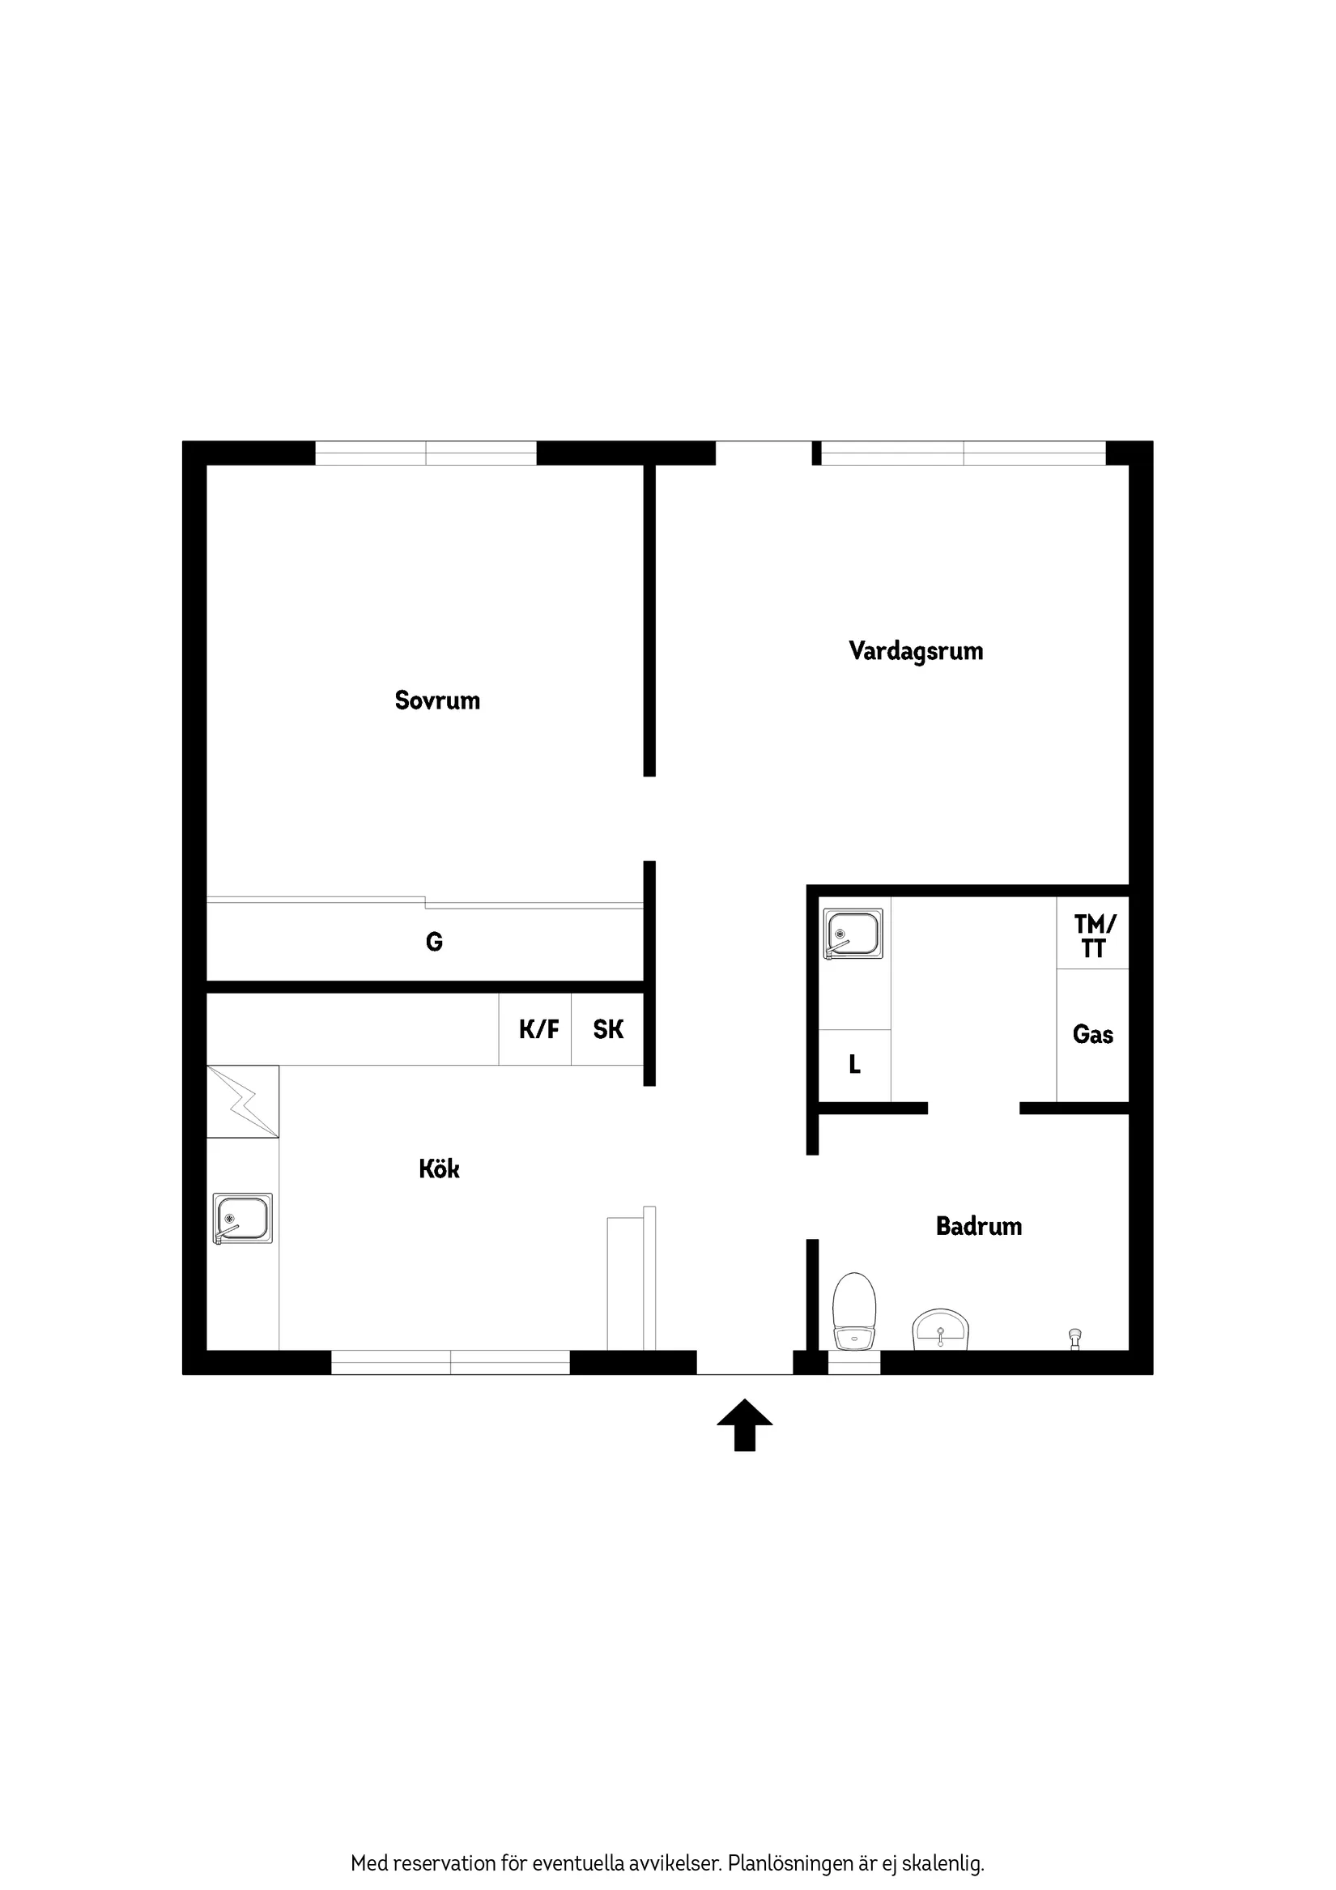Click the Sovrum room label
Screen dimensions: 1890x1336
[x=437, y=700]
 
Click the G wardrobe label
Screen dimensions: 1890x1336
[x=434, y=942]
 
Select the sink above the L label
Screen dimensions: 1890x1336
[x=853, y=934]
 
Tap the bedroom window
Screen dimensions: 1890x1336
[x=426, y=453]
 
